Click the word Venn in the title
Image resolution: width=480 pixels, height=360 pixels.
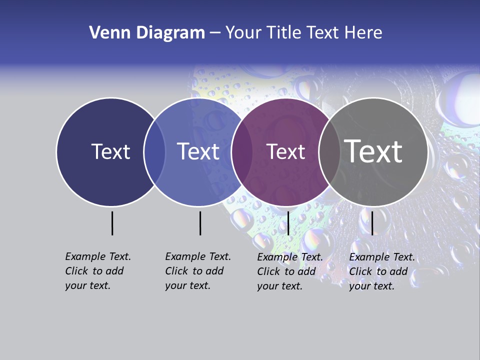pyautogui.click(x=106, y=33)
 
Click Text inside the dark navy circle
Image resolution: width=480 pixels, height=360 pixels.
pyautogui.click(x=110, y=151)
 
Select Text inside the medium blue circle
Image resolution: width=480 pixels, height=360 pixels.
pyautogui.click(x=198, y=151)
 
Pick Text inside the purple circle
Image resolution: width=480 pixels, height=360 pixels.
pyautogui.click(x=285, y=151)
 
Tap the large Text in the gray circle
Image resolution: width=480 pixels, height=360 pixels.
pyautogui.click(x=373, y=151)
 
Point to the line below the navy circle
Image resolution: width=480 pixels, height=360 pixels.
pyautogui.click(x=112, y=223)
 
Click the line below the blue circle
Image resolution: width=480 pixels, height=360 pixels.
pyautogui.click(x=200, y=223)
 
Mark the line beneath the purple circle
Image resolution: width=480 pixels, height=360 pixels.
pyautogui.click(x=288, y=223)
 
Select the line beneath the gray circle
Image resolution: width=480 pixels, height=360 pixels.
pyautogui.click(x=372, y=223)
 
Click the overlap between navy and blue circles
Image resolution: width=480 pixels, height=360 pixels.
pyautogui.click(x=154, y=151)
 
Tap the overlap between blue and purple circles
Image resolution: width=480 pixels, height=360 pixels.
pyautogui.click(x=242, y=151)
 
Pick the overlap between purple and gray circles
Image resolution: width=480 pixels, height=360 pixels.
pyautogui.click(x=329, y=151)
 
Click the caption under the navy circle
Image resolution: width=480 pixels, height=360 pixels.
pyautogui.click(x=97, y=271)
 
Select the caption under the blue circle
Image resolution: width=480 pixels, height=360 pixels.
pyautogui.click(x=197, y=271)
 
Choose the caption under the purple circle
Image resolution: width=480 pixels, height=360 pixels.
pyautogui.click(x=289, y=271)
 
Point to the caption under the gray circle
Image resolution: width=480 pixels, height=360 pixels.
pyautogui.click(x=381, y=271)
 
